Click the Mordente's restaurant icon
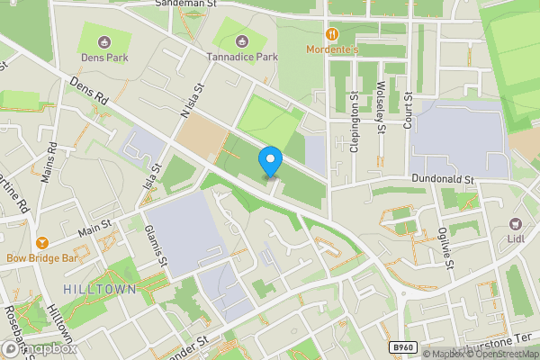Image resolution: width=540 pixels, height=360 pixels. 333,34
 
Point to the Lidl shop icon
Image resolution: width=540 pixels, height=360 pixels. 517,223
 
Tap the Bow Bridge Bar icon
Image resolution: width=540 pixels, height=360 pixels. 41,243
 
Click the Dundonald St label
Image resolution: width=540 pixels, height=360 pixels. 442,180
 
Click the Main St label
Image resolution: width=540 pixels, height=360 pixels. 94,228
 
